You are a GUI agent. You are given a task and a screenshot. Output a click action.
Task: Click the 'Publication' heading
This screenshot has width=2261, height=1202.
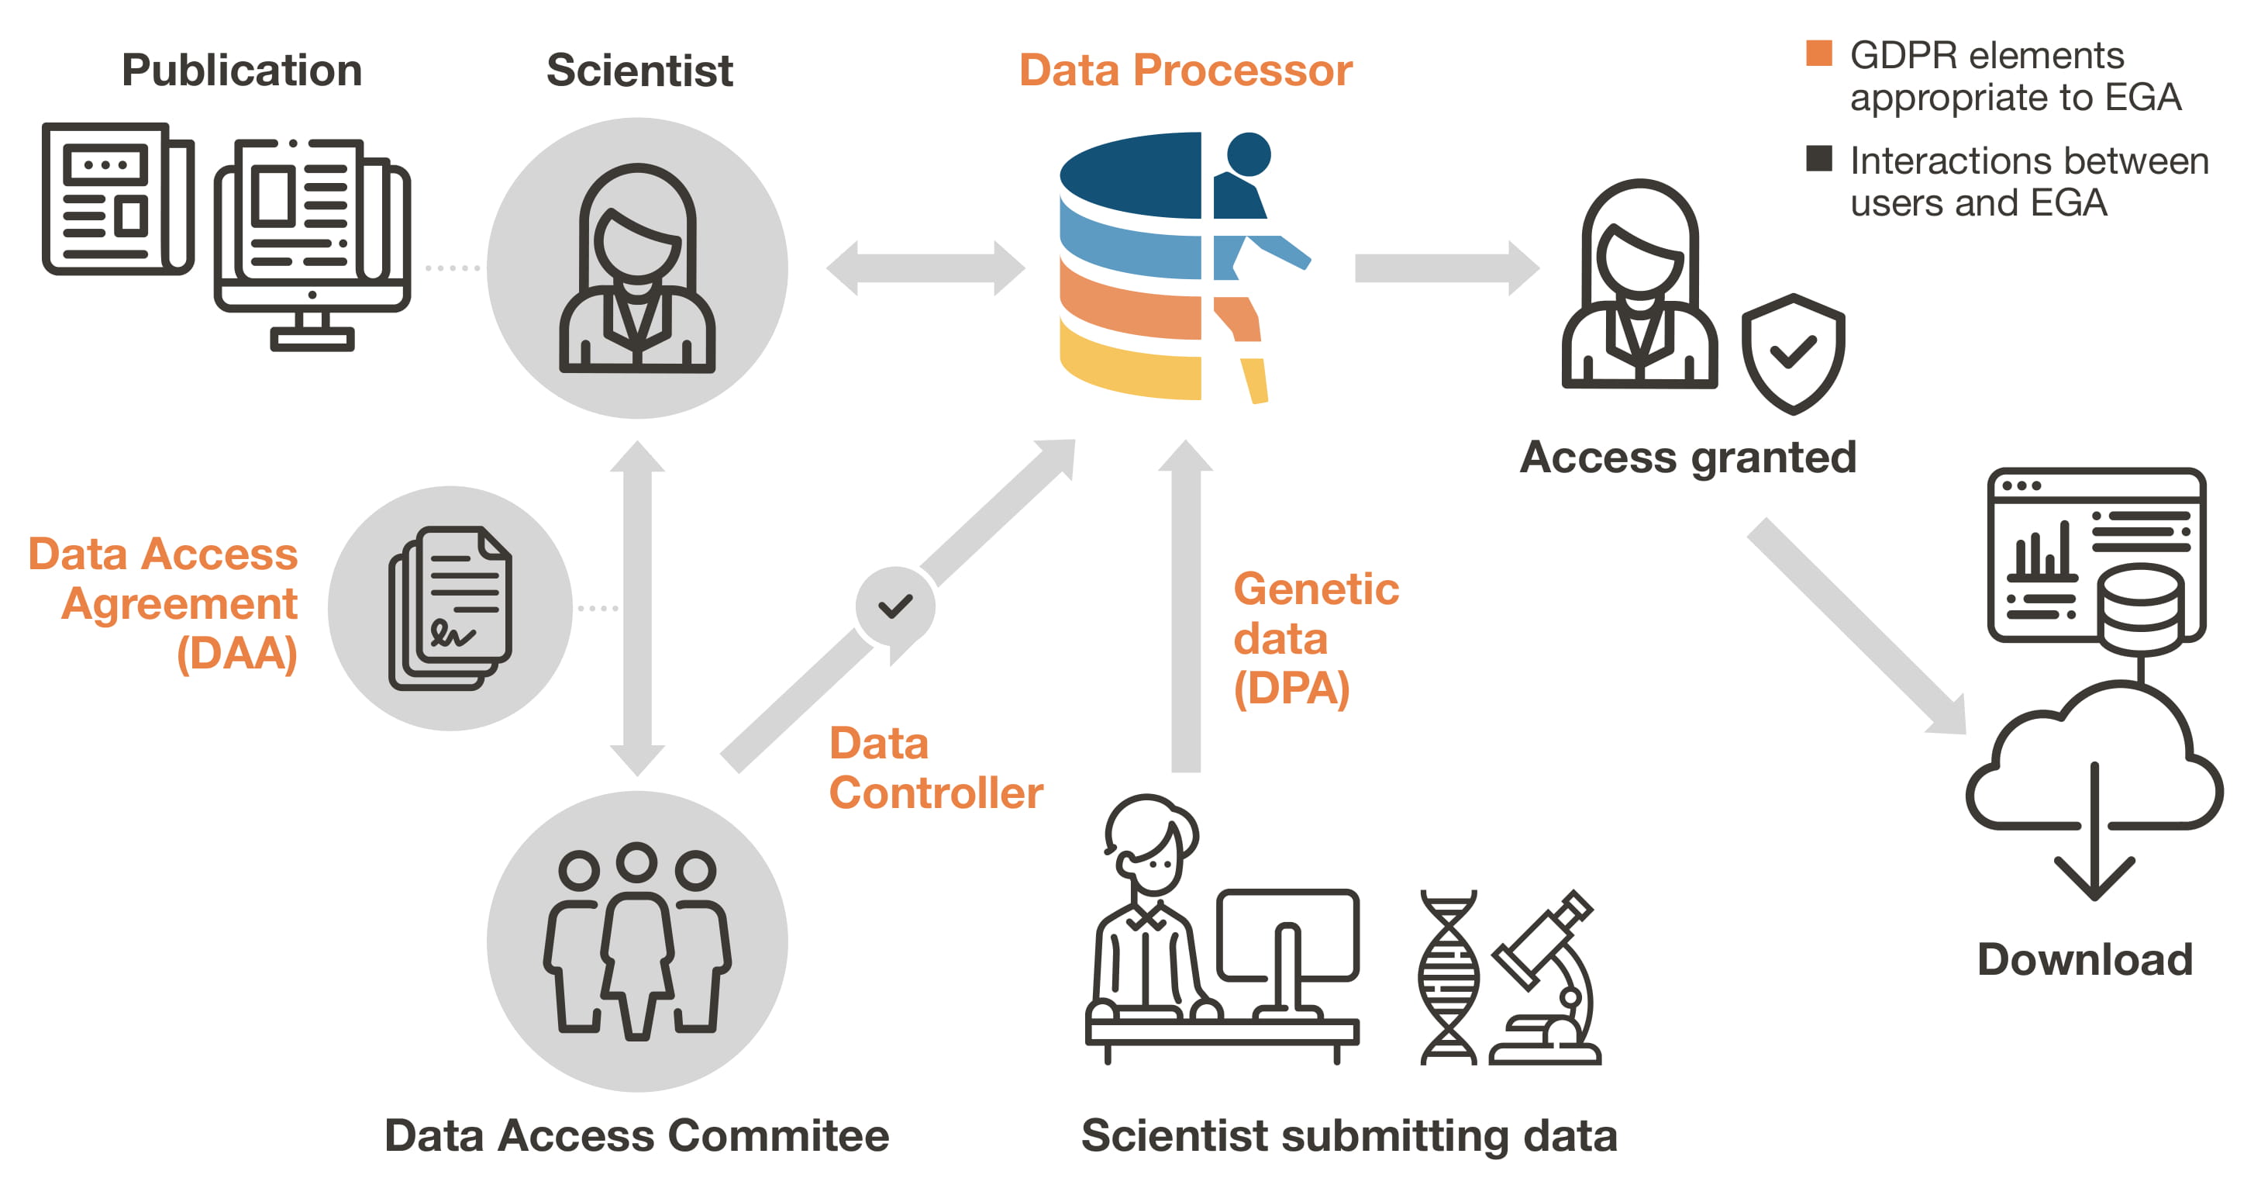[x=241, y=71]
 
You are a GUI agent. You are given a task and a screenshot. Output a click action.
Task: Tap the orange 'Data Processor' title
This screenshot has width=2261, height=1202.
[x=1185, y=71]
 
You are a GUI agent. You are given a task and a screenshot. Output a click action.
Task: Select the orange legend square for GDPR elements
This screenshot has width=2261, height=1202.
[x=1818, y=54]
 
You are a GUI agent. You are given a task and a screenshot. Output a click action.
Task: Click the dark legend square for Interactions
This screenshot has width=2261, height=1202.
[x=1818, y=159]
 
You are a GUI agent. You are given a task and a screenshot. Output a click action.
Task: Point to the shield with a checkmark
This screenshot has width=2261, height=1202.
[x=1792, y=353]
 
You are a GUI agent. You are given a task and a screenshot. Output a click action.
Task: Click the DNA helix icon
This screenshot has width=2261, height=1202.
[x=1448, y=977]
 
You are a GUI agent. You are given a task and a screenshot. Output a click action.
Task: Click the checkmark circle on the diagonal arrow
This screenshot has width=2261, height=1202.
[x=895, y=606]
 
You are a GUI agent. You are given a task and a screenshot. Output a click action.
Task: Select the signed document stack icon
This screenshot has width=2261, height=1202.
[x=450, y=607]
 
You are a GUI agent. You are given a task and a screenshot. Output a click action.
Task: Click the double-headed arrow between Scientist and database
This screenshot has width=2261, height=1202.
[x=926, y=268]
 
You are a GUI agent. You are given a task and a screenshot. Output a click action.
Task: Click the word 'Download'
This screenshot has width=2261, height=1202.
[x=2084, y=960]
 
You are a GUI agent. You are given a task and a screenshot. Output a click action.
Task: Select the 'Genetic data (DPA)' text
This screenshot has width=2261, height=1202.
[x=1315, y=638]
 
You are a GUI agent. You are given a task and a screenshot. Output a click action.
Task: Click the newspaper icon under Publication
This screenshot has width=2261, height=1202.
[x=118, y=199]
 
